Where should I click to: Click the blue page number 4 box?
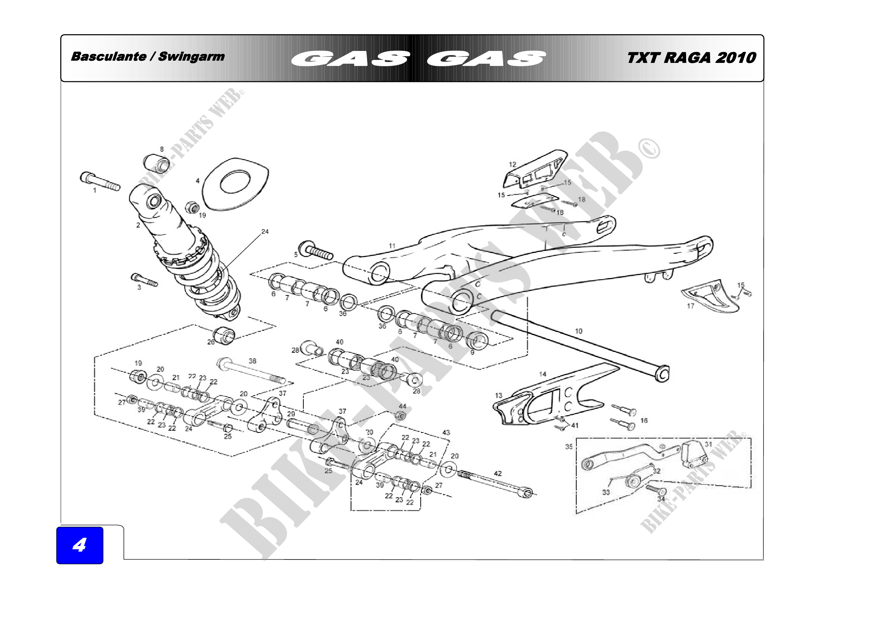[x=80, y=545]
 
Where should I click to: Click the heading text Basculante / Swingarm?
[x=148, y=57]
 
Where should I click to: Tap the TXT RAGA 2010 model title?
[x=691, y=58]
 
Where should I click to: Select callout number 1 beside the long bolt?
[x=95, y=190]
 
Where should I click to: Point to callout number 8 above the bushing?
[x=162, y=149]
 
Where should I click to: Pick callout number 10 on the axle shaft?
[x=579, y=331]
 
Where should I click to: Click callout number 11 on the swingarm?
[x=392, y=246]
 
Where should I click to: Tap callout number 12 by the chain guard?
[x=512, y=164]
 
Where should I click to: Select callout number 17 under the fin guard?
[x=691, y=306]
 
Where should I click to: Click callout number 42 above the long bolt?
[x=498, y=473]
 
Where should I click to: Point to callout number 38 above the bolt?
[x=252, y=361]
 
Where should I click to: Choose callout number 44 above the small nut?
[x=403, y=407]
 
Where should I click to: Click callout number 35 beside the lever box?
[x=569, y=447]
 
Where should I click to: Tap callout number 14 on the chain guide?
[x=543, y=374]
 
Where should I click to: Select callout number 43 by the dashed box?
[x=446, y=433]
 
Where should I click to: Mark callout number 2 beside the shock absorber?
[x=138, y=225]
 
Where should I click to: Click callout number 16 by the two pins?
[x=644, y=420]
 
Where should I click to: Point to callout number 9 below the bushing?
[x=472, y=352]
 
